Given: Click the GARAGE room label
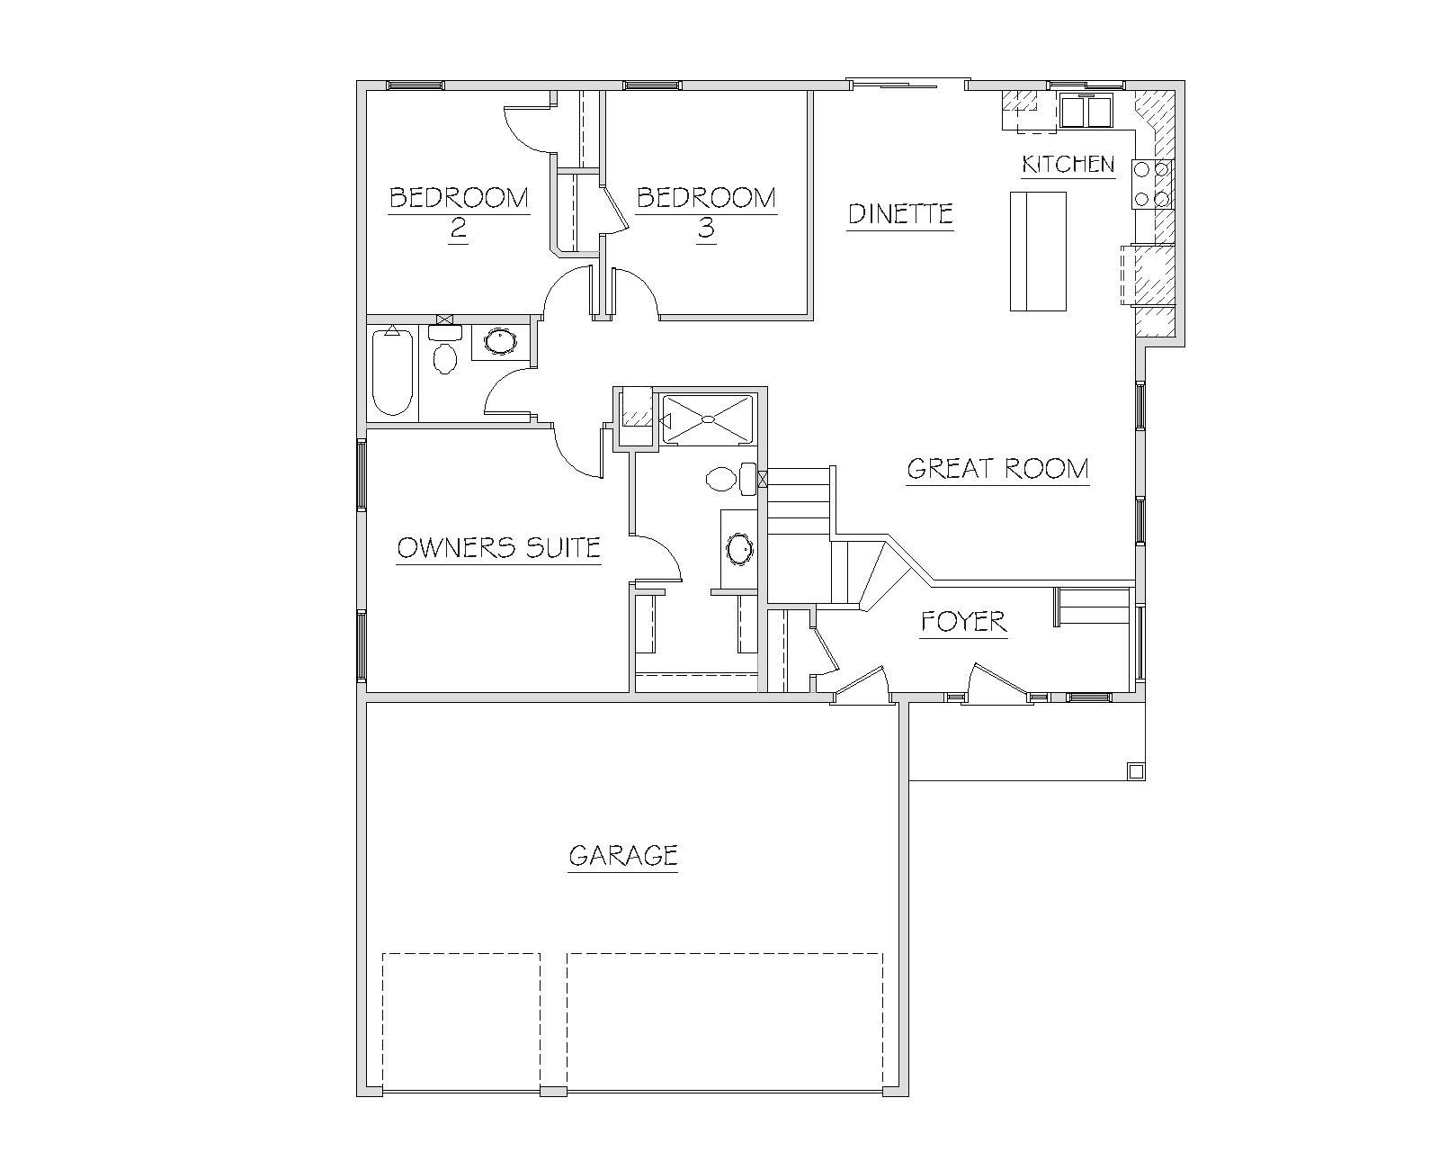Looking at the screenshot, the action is (x=623, y=855).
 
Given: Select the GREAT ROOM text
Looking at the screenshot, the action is (x=997, y=469).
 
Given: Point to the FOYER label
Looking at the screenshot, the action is (x=963, y=622).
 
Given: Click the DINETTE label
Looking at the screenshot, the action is (x=900, y=214).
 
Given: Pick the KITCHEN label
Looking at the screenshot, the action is (x=1068, y=164).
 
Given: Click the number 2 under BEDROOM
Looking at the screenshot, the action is (x=458, y=229).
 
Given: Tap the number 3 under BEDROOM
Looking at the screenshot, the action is (x=706, y=229).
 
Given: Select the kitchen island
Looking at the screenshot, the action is (x=1038, y=251).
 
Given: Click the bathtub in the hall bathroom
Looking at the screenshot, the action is (x=392, y=372).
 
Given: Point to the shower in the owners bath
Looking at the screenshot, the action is (x=707, y=419).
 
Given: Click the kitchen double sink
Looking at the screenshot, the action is (x=1086, y=112).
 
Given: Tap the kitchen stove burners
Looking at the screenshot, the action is (x=1152, y=184).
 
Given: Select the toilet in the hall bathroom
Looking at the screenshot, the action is (x=444, y=351).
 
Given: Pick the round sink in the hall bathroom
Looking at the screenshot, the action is (x=500, y=341).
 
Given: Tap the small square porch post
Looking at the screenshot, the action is (x=1135, y=771).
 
